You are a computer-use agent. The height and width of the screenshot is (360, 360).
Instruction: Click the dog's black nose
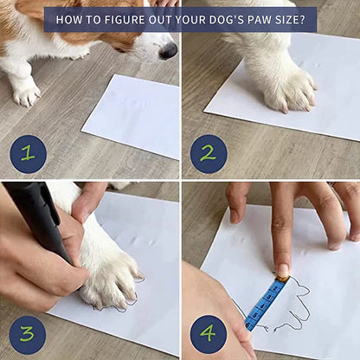point(168,49)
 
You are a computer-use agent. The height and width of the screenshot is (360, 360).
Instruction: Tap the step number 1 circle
point(28,154)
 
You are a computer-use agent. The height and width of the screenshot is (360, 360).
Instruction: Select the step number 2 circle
point(209,154)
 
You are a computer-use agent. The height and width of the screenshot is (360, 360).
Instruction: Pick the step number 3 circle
point(28,335)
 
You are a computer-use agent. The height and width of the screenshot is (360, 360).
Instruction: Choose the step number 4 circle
point(209,334)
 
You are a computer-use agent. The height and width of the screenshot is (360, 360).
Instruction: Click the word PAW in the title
point(257,20)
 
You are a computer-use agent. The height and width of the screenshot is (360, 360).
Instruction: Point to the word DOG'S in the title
point(222,20)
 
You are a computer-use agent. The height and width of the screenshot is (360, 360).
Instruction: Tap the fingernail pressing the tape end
point(282,270)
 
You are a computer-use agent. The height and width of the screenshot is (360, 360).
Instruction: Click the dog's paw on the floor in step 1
point(26,93)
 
